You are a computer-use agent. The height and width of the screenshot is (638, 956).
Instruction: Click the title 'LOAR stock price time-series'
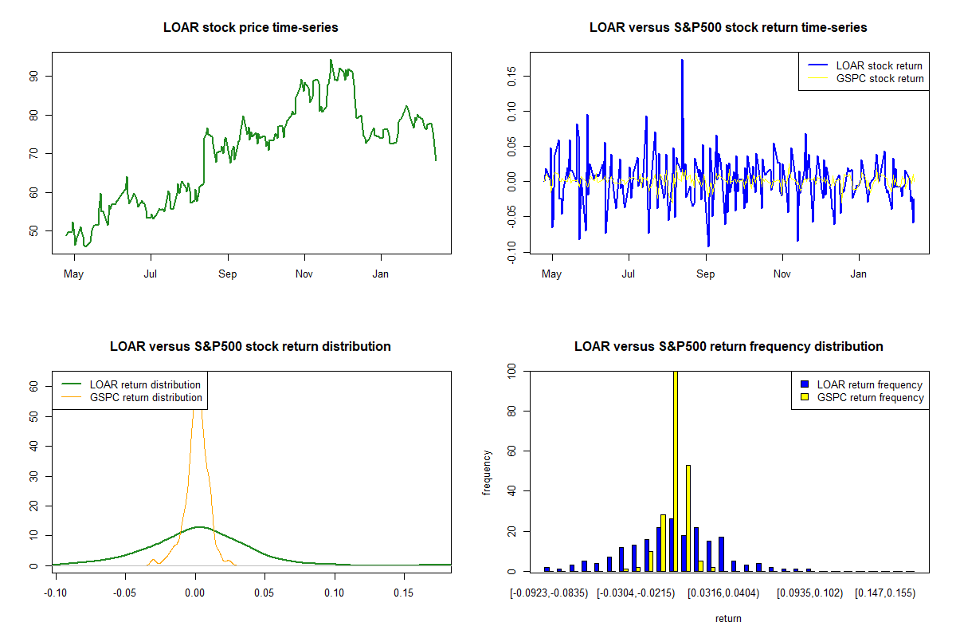pyautogui.click(x=250, y=28)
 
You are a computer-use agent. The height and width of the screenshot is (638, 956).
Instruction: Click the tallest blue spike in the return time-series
pyautogui.click(x=682, y=61)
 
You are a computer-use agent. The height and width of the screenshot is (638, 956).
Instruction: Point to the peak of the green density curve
pyautogui.click(x=198, y=526)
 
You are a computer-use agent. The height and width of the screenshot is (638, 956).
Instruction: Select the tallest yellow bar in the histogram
pyautogui.click(x=676, y=471)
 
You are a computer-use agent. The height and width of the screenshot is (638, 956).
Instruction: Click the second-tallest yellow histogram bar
pyautogui.click(x=688, y=518)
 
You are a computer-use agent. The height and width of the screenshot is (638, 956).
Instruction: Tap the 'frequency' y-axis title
pyautogui.click(x=487, y=472)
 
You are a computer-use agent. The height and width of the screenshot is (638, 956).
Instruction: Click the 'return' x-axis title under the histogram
pyautogui.click(x=728, y=618)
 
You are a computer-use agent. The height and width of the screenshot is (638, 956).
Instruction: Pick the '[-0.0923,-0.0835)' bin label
pyautogui.click(x=549, y=593)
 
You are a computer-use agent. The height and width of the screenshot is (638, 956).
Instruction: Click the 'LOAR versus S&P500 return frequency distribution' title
pyautogui.click(x=728, y=347)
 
